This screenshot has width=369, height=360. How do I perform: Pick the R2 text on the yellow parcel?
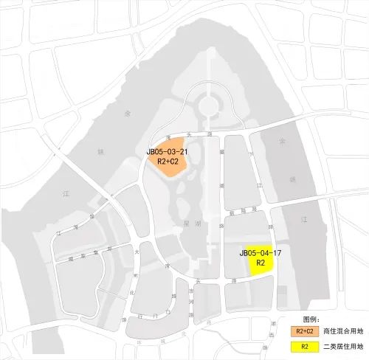[261, 263]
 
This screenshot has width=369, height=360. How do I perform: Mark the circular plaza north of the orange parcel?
[209, 106]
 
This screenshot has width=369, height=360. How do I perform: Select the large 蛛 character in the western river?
[101, 152]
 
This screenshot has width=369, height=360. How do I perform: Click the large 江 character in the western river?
[64, 193]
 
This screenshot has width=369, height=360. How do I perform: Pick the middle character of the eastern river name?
[292, 179]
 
